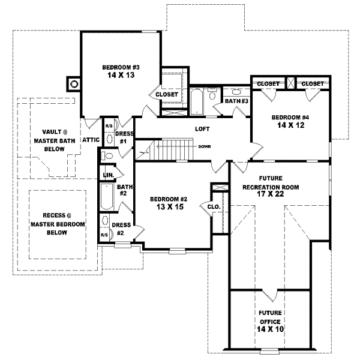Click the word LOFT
tap(202, 129)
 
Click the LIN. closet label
tap(109, 175)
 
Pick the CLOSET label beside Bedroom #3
tap(166, 95)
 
